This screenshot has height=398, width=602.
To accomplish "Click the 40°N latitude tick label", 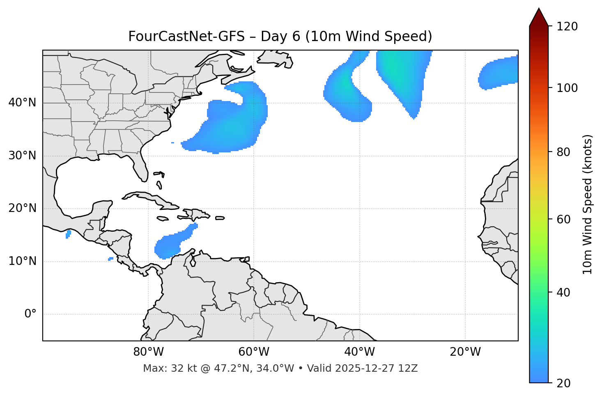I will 22,103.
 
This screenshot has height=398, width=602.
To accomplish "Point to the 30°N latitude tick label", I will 22,156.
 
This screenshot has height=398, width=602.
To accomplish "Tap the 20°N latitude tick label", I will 22,208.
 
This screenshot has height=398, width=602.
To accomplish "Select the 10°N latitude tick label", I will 22,261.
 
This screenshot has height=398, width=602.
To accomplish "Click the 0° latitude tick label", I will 30,314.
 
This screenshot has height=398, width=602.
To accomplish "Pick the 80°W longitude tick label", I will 148,352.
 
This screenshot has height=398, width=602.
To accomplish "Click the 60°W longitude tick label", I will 254,352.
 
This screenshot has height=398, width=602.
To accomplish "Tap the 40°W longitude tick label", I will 359,352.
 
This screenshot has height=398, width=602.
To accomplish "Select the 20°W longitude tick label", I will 465,352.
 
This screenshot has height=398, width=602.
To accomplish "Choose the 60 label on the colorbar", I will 565,219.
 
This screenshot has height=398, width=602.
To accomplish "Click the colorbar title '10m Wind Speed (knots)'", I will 588,204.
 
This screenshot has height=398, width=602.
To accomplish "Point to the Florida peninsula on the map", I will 141,166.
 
